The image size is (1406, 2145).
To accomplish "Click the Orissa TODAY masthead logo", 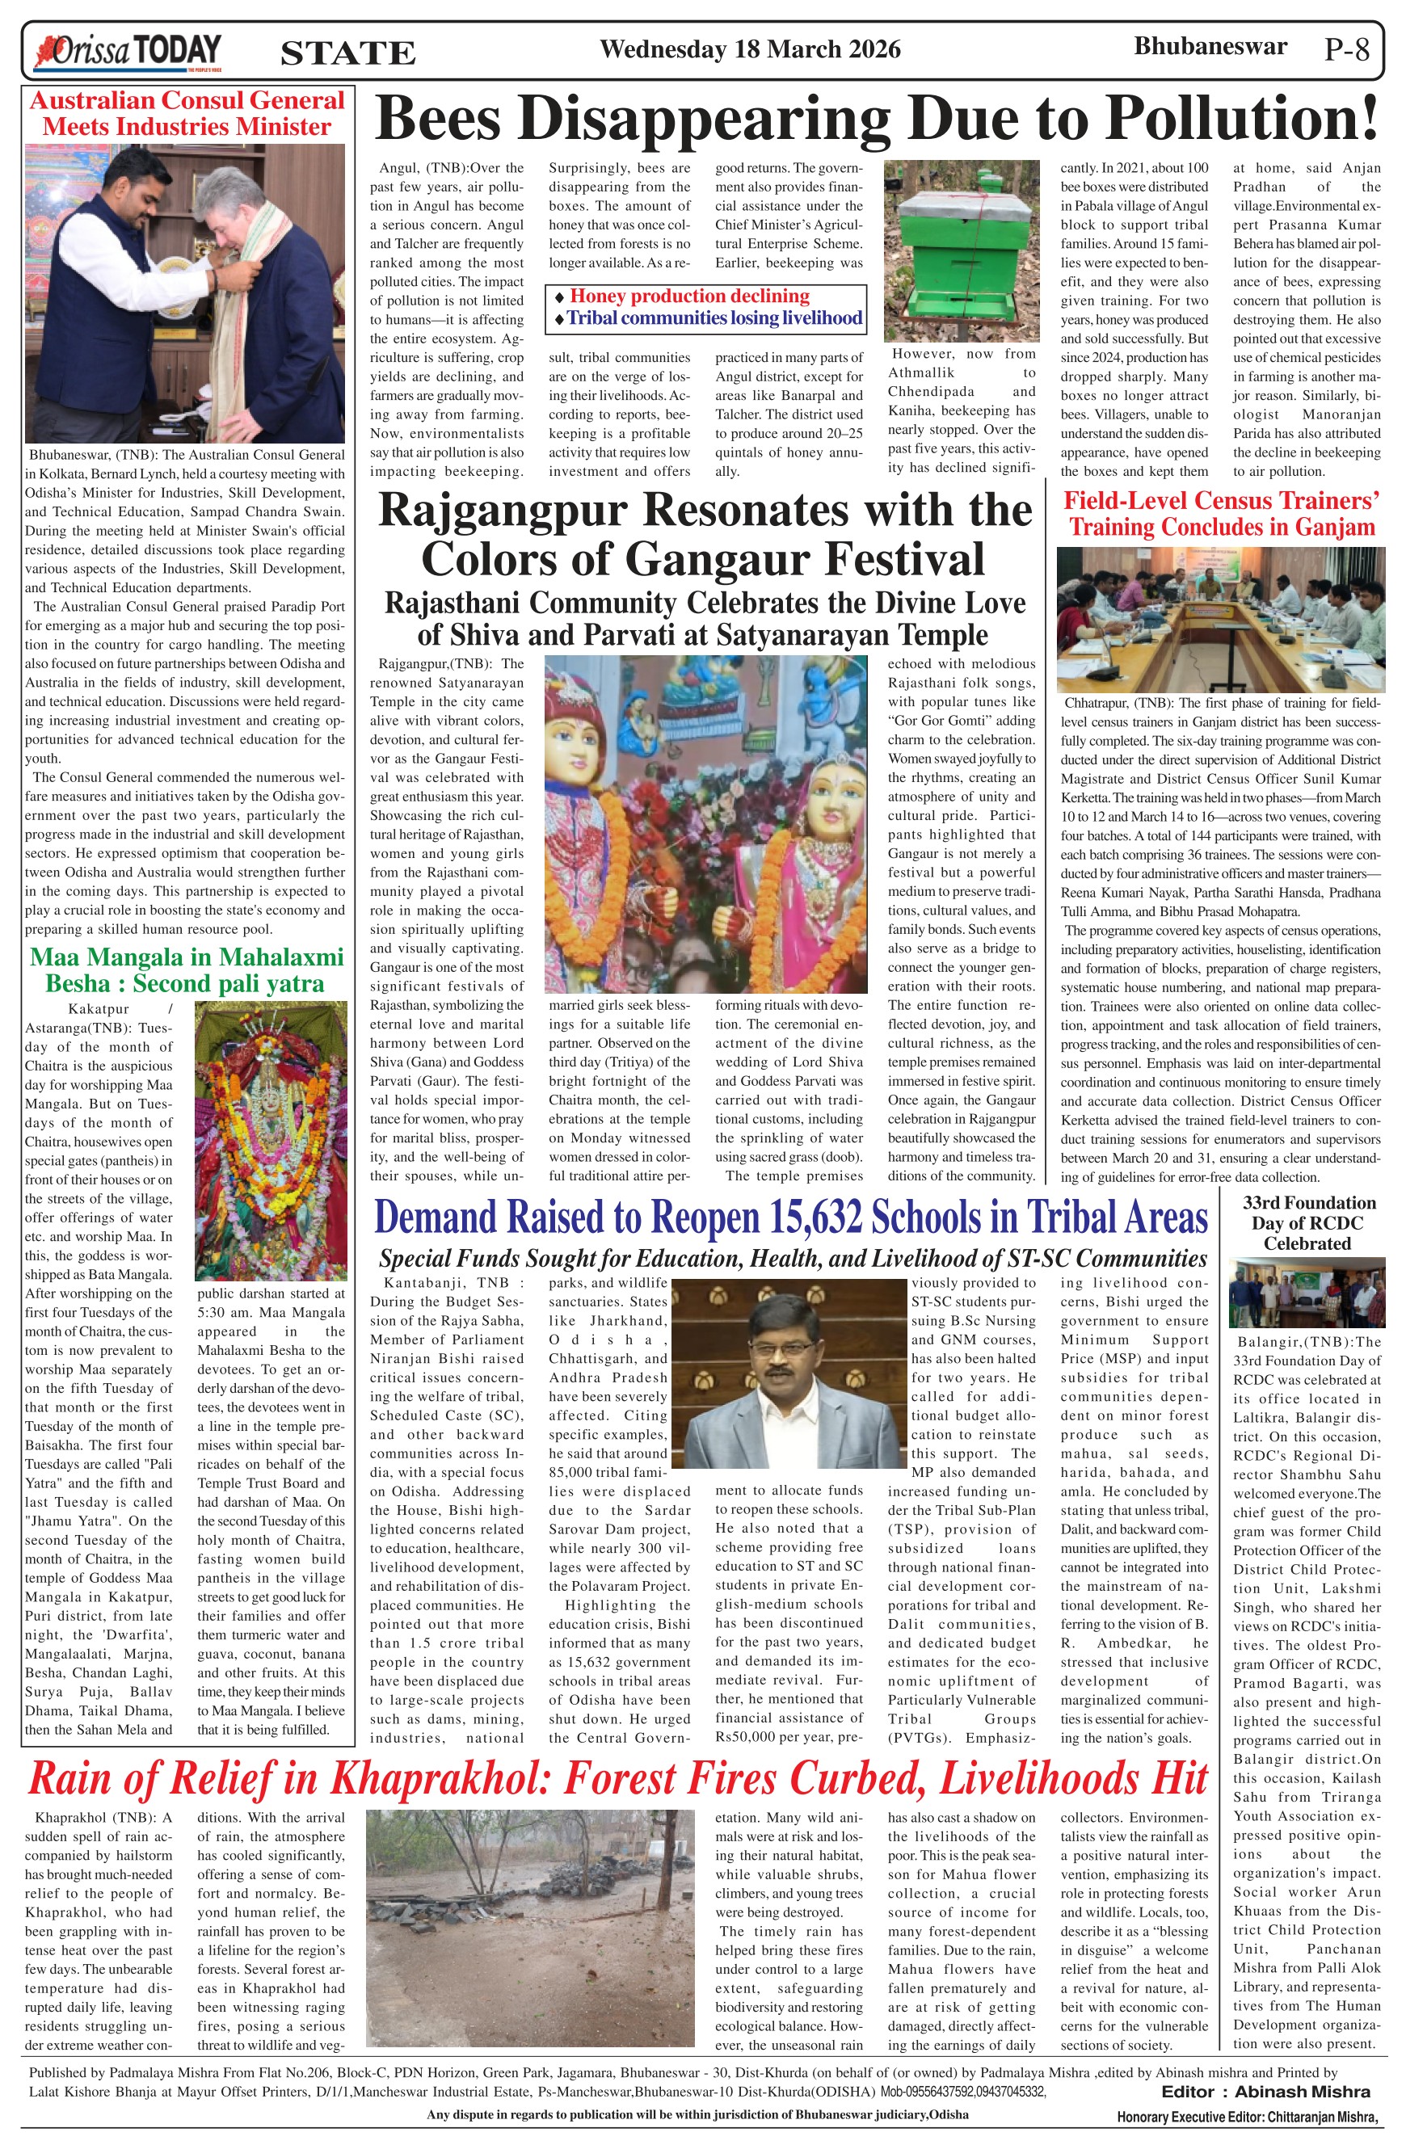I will (x=126, y=52).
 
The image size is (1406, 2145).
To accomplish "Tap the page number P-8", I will (x=1346, y=49).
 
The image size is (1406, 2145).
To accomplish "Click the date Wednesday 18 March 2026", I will (x=750, y=48).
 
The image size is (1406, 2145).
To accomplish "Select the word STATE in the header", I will (x=348, y=53).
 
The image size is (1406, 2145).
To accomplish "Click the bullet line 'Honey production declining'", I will (x=689, y=297).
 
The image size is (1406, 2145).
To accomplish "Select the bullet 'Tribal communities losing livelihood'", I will (x=714, y=318).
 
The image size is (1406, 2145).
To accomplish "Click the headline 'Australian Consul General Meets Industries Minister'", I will (x=187, y=114).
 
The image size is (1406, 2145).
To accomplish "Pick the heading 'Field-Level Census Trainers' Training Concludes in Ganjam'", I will (x=1221, y=514).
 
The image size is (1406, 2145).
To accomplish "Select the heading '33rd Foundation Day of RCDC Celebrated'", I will (x=1307, y=1223).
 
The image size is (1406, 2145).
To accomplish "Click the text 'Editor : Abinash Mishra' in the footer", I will (x=1265, y=2092).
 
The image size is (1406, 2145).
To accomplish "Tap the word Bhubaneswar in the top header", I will (x=1210, y=47).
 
